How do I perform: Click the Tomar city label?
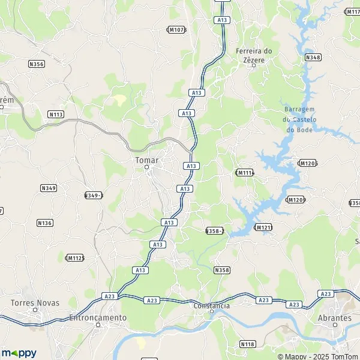click(x=146, y=160)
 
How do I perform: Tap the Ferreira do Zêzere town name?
click(x=254, y=55)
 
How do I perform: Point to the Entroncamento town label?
click(x=98, y=317)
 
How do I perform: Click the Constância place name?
click(x=212, y=306)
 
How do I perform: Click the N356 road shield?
click(x=37, y=63)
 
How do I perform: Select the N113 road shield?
click(x=56, y=114)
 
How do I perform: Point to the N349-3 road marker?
click(x=94, y=195)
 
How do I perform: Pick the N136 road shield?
click(x=45, y=223)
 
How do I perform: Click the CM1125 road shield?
click(x=74, y=257)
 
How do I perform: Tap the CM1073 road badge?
click(x=176, y=29)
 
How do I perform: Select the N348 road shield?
click(x=313, y=57)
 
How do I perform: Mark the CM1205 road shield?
click(x=307, y=163)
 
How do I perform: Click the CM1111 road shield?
click(x=245, y=173)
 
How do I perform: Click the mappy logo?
click(x=19, y=353)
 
